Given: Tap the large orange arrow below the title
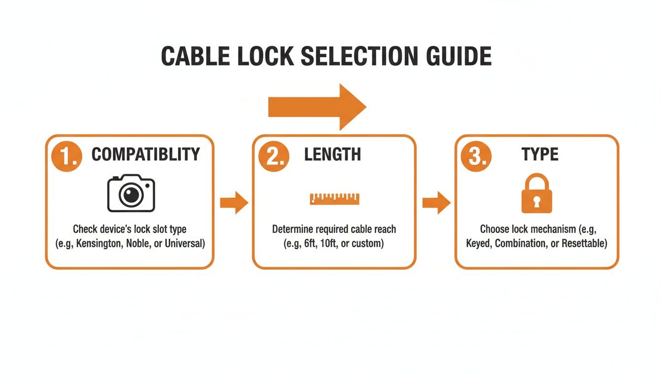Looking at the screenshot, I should pyautogui.click(x=318, y=107).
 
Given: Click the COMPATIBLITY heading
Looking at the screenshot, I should pyautogui.click(x=146, y=155).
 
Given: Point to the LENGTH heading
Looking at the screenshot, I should pyautogui.click(x=332, y=155).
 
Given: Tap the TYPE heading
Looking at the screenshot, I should pyautogui.click(x=540, y=155).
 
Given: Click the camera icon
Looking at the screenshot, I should pyautogui.click(x=131, y=193).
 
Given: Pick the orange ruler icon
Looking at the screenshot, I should pyautogui.click(x=334, y=198).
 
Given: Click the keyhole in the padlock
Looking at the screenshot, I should pyautogui.click(x=537, y=201).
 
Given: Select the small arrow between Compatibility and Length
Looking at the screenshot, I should pyautogui.click(x=234, y=203).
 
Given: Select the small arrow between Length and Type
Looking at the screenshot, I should pyautogui.click(x=436, y=203).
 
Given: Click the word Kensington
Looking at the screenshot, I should pyautogui.click(x=101, y=244).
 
